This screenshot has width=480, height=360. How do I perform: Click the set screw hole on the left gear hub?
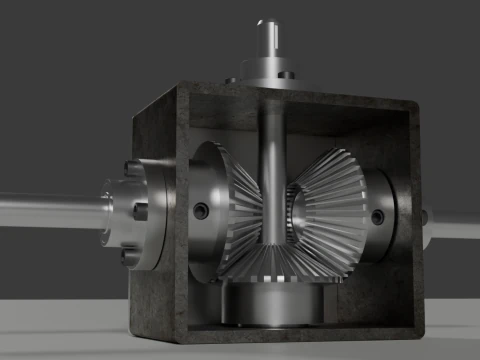201,211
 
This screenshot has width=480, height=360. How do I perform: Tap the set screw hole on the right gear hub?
377,216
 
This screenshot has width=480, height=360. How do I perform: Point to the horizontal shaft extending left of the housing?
50,211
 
